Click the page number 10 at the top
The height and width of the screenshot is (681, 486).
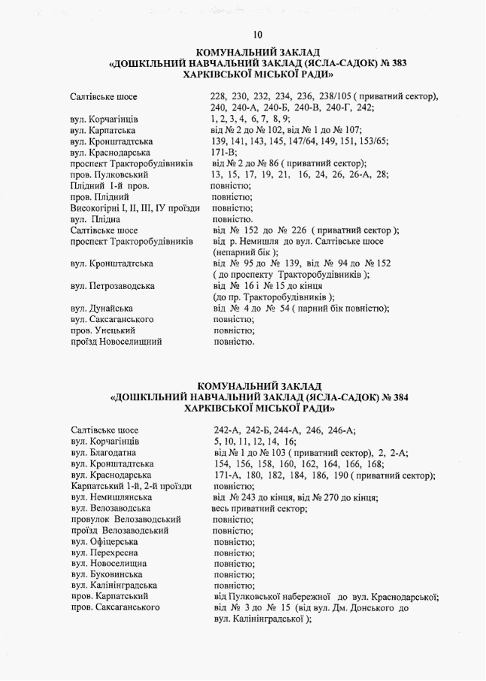(258, 35)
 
